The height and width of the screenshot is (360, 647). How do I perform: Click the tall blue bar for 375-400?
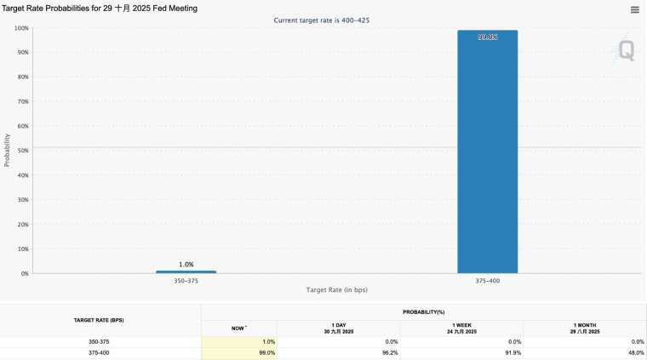pos(487,153)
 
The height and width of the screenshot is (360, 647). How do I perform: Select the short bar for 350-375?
pos(186,271)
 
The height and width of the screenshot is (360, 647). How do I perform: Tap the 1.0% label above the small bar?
pos(186,264)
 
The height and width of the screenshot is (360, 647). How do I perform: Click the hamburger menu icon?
pos(635,9)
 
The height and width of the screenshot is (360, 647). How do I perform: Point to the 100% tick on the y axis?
pos(21,28)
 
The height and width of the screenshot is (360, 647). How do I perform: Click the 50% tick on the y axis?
pos(23,151)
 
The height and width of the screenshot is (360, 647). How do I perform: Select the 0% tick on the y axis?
pos(25,273)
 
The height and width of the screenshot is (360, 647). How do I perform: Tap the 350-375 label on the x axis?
pos(186,281)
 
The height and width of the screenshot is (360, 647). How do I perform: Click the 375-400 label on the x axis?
pos(487,281)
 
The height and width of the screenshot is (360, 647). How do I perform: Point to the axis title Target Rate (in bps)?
pos(336,290)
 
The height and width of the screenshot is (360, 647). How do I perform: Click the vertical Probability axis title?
pos(8,149)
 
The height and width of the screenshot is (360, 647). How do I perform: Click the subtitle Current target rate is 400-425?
pos(322,20)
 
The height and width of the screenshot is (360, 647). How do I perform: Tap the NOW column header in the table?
pos(238,328)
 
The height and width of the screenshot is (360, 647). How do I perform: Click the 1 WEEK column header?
pos(461,328)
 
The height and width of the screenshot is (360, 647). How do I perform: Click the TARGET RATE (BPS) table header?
pos(100,320)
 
